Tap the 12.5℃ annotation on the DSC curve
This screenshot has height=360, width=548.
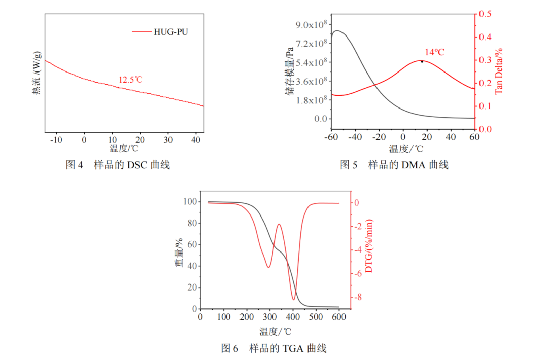[x=130, y=80]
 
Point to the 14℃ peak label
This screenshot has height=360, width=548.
[x=434, y=52]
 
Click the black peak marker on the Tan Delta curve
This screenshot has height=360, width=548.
[x=422, y=61]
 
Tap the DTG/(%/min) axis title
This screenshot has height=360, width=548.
[x=369, y=246]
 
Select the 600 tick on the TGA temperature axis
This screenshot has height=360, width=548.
[x=338, y=317]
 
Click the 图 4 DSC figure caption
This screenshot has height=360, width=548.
[x=118, y=165]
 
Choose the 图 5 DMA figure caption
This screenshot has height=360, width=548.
[x=394, y=165]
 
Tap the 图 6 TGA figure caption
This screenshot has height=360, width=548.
[x=273, y=348]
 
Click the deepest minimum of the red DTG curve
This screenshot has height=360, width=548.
[x=294, y=299]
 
